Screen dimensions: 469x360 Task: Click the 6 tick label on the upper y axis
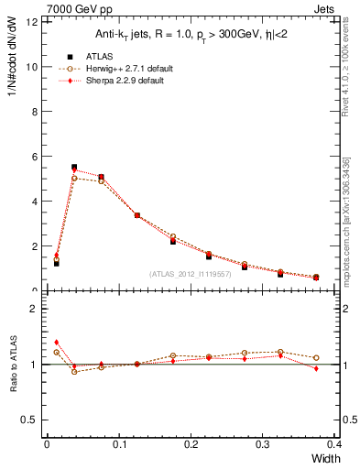click(34, 157)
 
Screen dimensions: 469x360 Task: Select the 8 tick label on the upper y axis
click(34, 112)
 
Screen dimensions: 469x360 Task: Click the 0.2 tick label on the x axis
click(191, 442)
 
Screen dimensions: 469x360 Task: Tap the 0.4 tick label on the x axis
click(335, 442)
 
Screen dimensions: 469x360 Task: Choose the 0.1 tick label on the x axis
click(119, 442)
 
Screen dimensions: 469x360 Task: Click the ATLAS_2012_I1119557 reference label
click(189, 274)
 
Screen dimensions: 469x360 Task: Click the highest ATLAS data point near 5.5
click(74, 168)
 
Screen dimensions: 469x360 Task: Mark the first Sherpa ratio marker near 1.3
click(56, 342)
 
